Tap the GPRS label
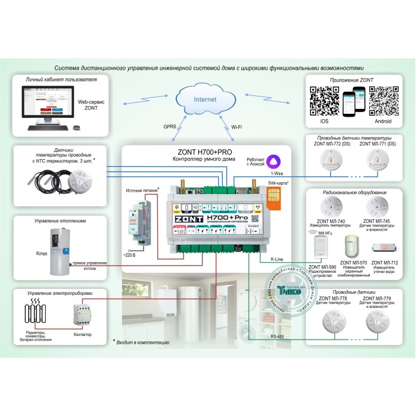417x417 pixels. pyautogui.click(x=170, y=126)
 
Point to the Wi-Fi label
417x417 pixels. pyautogui.click(x=237, y=126)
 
